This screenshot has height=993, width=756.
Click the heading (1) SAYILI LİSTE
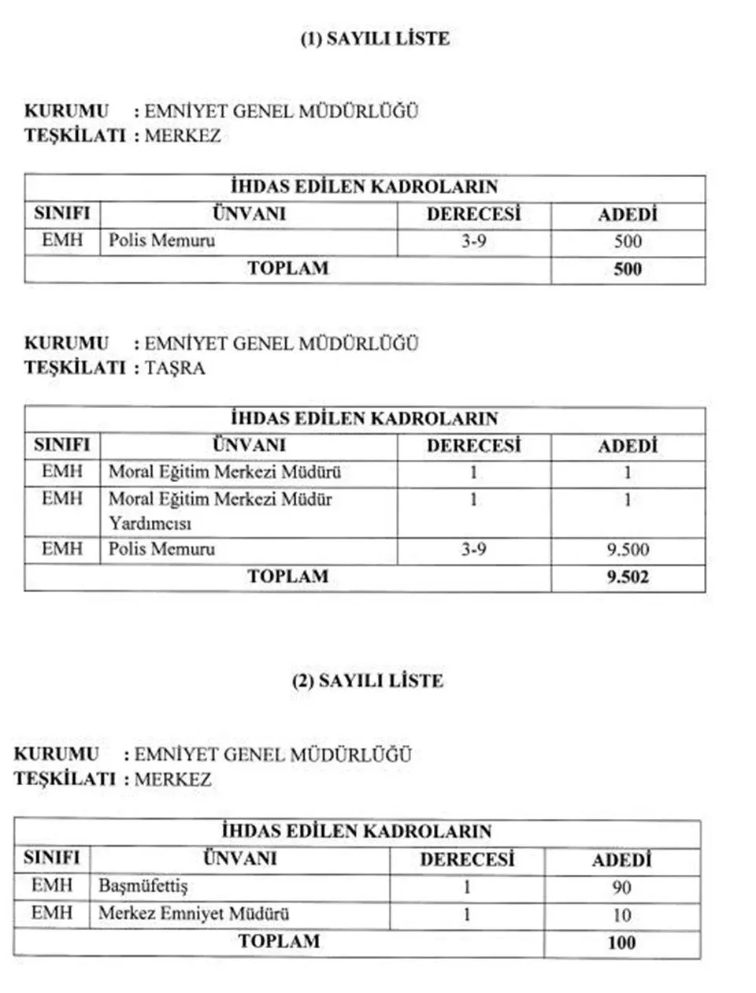point(375,39)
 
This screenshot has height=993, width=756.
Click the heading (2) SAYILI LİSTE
point(368,680)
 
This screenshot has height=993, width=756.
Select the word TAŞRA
point(175,368)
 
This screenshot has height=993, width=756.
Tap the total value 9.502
point(628,577)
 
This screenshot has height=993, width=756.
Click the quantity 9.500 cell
point(628,550)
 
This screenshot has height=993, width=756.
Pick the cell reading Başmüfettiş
point(143,886)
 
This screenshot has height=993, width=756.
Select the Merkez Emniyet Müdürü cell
point(194,913)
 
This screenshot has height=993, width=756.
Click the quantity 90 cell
point(621,887)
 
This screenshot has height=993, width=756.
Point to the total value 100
point(621,942)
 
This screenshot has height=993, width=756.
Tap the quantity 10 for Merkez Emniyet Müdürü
point(621,915)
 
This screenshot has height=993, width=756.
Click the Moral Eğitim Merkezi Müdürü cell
point(224,472)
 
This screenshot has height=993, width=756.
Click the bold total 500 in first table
point(628,269)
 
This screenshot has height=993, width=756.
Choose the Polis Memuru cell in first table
point(161,240)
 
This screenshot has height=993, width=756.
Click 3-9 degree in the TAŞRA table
point(473,549)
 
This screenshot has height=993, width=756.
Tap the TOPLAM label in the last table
point(279,941)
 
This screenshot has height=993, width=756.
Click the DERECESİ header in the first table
point(473,214)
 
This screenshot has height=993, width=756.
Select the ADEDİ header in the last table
point(621,860)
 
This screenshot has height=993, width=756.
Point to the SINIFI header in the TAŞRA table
point(62,445)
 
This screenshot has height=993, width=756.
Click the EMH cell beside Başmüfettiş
point(52,886)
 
